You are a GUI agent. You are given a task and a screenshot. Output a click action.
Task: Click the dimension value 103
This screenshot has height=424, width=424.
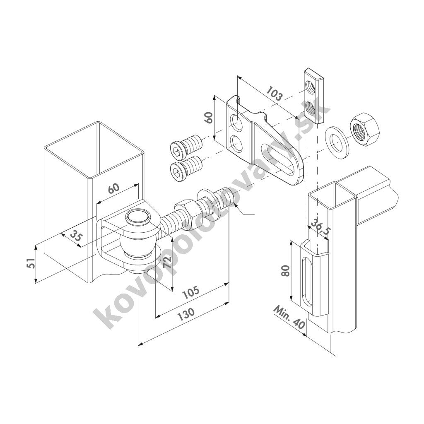(x=274, y=94)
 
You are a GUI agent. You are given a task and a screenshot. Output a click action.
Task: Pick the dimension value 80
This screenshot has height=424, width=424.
(x=285, y=271)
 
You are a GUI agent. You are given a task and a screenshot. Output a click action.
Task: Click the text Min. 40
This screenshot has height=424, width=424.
(x=290, y=317)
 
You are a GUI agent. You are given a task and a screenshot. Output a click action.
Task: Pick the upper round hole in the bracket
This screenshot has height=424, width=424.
(x=236, y=122)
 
